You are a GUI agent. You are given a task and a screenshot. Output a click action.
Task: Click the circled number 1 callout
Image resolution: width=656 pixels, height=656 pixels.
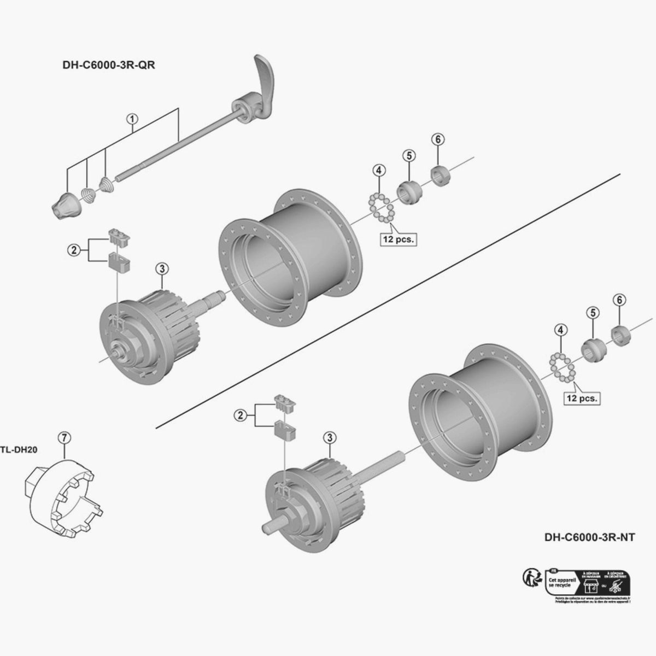pyautogui.click(x=131, y=118)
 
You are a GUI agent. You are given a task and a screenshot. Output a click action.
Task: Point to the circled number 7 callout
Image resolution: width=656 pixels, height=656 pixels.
pyautogui.click(x=64, y=437)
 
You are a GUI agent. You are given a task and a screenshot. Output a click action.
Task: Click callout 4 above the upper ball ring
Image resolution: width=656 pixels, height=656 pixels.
pyautogui.click(x=378, y=170)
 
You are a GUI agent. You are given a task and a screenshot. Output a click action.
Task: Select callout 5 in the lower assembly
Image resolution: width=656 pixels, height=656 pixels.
pyautogui.click(x=593, y=312)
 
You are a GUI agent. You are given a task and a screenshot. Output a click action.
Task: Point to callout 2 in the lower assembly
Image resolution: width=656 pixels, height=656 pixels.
pyautogui.click(x=239, y=415)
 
